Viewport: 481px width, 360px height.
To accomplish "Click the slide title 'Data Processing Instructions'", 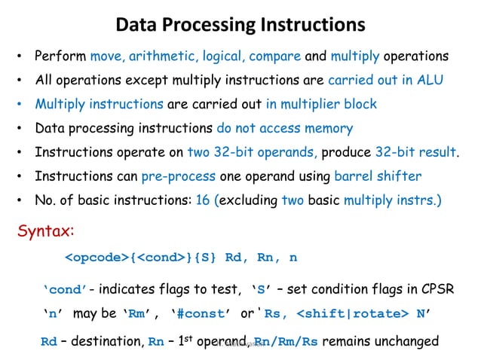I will [x=240, y=25].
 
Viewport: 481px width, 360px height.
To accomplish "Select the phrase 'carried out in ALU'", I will [x=381, y=80].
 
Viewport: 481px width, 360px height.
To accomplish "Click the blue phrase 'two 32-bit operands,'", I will [x=252, y=152].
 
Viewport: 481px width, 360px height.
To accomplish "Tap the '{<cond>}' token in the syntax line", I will [x=159, y=258].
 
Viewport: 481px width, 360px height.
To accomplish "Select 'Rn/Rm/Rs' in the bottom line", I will [x=287, y=340].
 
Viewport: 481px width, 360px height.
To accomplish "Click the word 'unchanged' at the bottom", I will [x=408, y=340].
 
